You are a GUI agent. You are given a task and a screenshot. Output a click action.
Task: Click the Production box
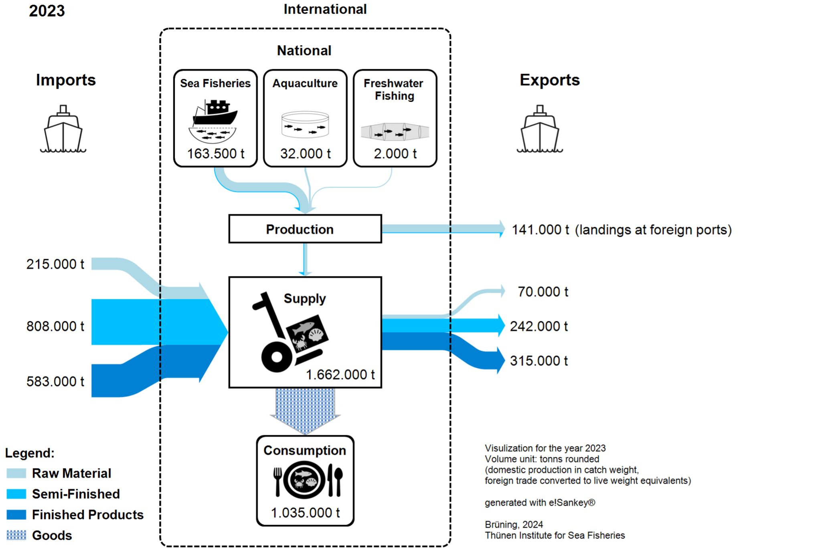click(x=305, y=229)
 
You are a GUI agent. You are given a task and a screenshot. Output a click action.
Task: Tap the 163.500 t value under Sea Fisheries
click(x=215, y=153)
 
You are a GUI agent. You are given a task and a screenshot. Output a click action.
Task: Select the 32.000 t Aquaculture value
click(x=305, y=153)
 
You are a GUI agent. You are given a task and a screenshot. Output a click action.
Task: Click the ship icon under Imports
click(x=63, y=129)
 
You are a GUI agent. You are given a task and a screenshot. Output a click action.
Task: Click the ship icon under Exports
click(x=540, y=129)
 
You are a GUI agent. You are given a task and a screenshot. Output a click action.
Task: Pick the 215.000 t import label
click(x=55, y=264)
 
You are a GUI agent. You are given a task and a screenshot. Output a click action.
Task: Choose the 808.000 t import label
click(x=55, y=326)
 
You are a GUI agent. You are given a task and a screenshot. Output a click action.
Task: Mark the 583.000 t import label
click(x=55, y=381)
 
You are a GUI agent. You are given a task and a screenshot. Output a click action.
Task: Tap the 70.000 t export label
click(x=543, y=292)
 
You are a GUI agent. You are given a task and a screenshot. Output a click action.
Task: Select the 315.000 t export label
click(x=539, y=361)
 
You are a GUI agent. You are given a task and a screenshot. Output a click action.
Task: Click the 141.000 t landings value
click(x=540, y=230)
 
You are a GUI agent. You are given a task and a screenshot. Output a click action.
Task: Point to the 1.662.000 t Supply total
click(x=340, y=374)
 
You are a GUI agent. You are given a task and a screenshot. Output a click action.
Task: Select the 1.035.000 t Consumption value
click(x=305, y=513)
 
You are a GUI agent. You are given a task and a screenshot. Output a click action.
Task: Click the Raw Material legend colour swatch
click(x=16, y=473)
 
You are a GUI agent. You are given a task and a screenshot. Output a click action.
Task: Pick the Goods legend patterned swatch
click(x=16, y=535)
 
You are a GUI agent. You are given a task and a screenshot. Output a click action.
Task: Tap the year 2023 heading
click(x=47, y=11)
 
